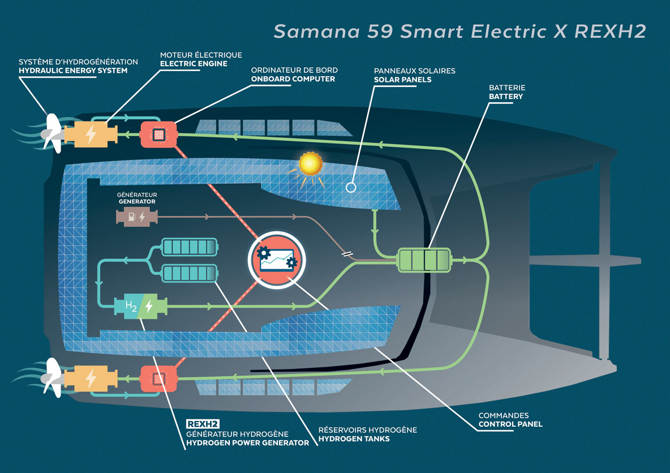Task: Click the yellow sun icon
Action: coord(310,164)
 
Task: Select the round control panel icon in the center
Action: coord(276,259)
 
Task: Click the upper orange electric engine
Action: coord(91,135)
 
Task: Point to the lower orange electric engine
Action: coord(91,378)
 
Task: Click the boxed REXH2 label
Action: coord(203,424)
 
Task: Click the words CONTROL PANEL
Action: coord(510,424)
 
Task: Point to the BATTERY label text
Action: coord(506,97)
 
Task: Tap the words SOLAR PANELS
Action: coord(402,80)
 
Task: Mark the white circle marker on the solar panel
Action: coord(351,186)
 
